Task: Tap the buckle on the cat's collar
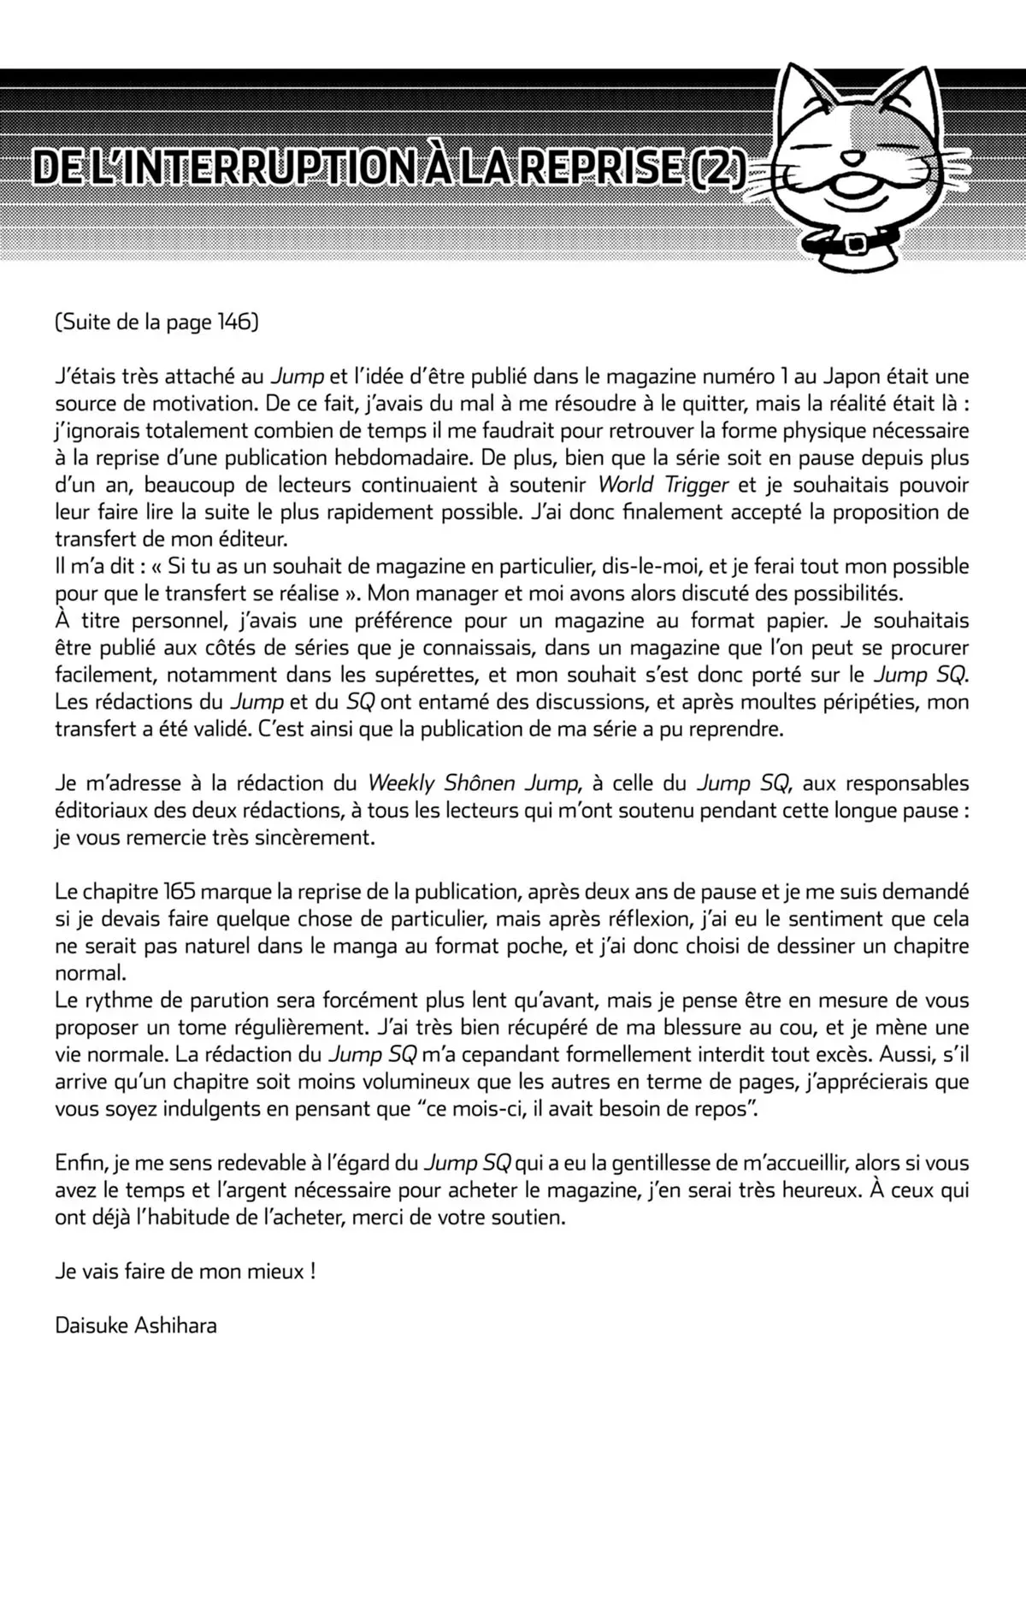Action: [x=853, y=245]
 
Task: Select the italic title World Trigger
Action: [x=663, y=485]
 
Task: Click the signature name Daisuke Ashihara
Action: [x=136, y=1326]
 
